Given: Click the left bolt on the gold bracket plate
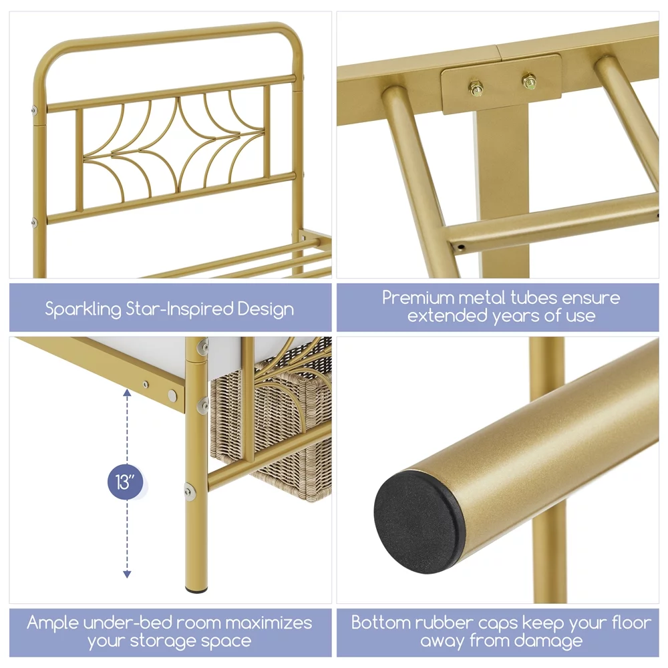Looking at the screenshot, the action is point(476,88).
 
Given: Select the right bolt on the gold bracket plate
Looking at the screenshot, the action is point(529,81).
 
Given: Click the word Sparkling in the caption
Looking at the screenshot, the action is point(83,309).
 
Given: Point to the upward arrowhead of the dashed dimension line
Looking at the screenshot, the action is point(127,392).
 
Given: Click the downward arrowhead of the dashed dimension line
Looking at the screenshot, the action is point(127,574).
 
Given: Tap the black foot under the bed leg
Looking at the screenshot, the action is point(197,591).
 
